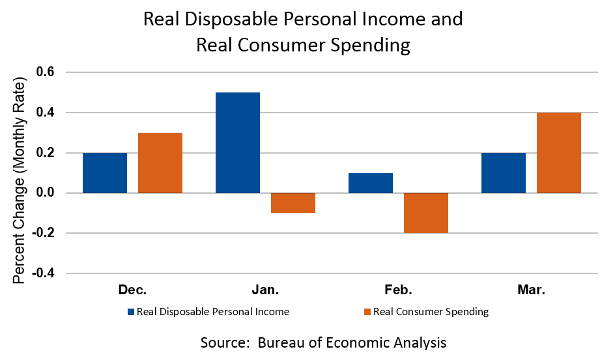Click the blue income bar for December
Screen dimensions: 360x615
tap(105, 173)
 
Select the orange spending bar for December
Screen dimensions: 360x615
tap(160, 163)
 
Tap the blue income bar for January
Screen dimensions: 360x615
tap(238, 143)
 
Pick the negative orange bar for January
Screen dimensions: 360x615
tap(293, 203)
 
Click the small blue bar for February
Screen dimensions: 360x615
tap(371, 183)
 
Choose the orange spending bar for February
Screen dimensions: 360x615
tap(426, 213)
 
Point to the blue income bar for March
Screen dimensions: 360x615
tap(504, 173)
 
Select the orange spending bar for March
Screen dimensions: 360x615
tap(559, 153)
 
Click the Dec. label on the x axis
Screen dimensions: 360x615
tap(132, 290)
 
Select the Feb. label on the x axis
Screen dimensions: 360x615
tap(398, 290)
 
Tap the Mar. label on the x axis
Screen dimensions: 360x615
tap(531, 290)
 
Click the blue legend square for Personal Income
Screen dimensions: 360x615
tap(130, 312)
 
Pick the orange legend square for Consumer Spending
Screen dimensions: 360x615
tap(367, 312)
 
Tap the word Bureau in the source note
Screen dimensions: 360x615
tap(281, 342)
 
